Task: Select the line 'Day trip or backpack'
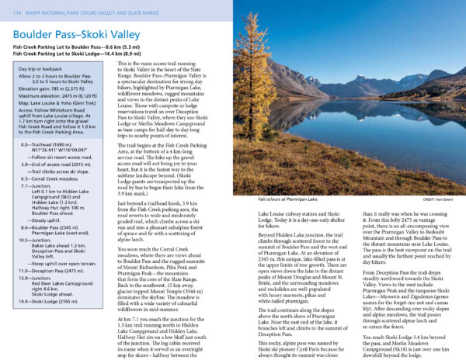point(38,71)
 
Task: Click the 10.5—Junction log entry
point(39,240)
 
